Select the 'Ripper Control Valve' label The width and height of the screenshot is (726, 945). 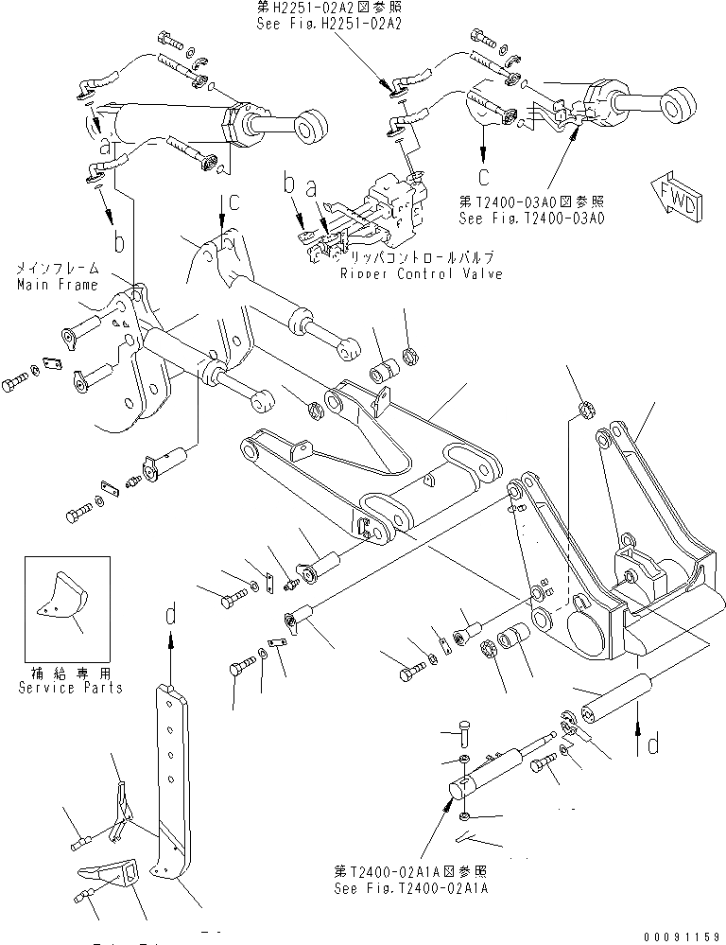pos(422,273)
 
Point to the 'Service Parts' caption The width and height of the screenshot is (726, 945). pos(70,687)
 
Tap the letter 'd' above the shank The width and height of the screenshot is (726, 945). pos(171,616)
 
